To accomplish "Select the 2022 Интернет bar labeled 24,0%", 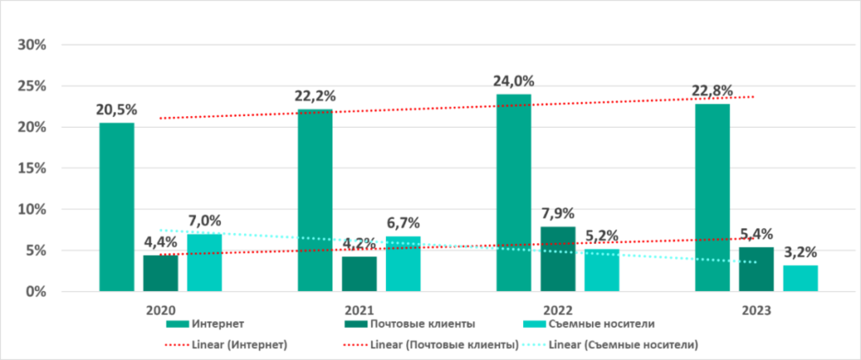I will point(513,193).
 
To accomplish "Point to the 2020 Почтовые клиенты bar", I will point(160,273).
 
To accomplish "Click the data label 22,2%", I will point(314,96).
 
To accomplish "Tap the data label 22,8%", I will point(711,91).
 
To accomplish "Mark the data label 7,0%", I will point(204,221).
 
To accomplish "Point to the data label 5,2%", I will point(601,236).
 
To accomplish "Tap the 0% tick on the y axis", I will point(34,292).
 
